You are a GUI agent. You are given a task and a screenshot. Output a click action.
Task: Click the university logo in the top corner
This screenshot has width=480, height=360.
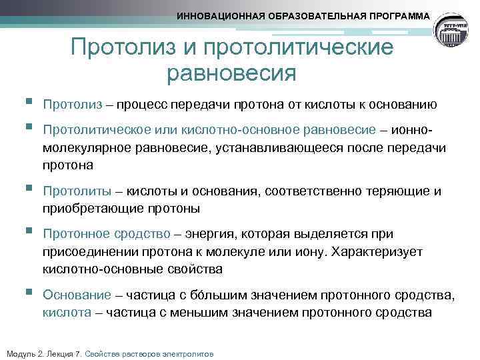(455, 31)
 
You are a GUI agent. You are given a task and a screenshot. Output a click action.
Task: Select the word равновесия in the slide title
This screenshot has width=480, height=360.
(232, 72)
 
